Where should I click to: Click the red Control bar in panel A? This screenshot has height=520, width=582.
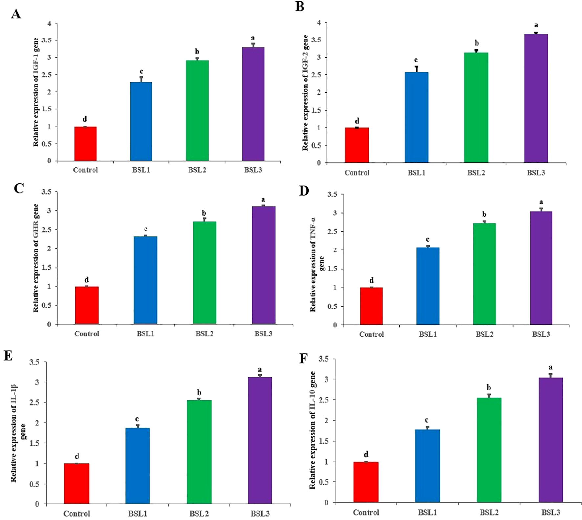(85, 144)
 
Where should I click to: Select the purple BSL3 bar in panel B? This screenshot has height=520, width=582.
(536, 99)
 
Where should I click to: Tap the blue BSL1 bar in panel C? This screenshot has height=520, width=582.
(145, 280)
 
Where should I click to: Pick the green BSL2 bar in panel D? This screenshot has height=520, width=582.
(484, 274)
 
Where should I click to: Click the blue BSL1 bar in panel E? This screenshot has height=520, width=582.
(137, 465)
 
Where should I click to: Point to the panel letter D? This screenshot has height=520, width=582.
(304, 190)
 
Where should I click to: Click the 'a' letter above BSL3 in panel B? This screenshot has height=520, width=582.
(536, 25)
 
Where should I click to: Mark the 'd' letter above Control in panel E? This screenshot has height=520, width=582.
(77, 456)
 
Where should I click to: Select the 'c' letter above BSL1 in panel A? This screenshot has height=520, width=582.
(141, 71)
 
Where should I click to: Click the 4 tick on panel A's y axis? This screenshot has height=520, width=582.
(49, 24)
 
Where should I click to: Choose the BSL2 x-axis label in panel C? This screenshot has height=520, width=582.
(204, 334)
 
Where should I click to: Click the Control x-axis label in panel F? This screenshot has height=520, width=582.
(366, 512)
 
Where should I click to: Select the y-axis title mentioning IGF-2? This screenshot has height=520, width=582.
(305, 93)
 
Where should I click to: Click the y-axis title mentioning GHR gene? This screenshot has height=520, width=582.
(36, 258)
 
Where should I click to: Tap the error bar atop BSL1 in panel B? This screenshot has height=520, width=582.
(416, 69)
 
